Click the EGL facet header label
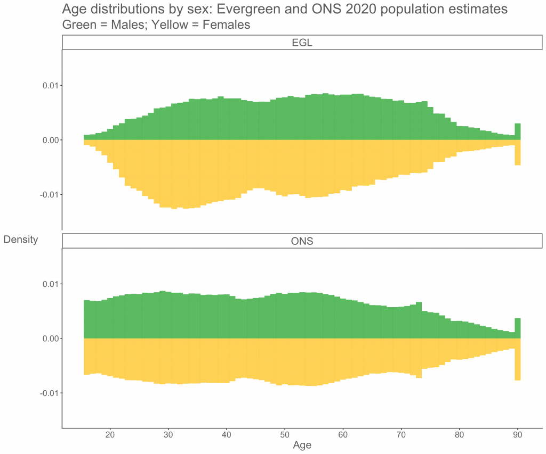click(302, 43)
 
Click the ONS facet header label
click(302, 241)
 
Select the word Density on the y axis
click(21, 240)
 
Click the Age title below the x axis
click(302, 445)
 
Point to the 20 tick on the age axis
click(110, 434)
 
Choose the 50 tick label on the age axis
click(285, 434)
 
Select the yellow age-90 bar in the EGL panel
click(517, 153)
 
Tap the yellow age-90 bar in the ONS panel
click(517, 359)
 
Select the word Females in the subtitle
click(220, 25)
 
